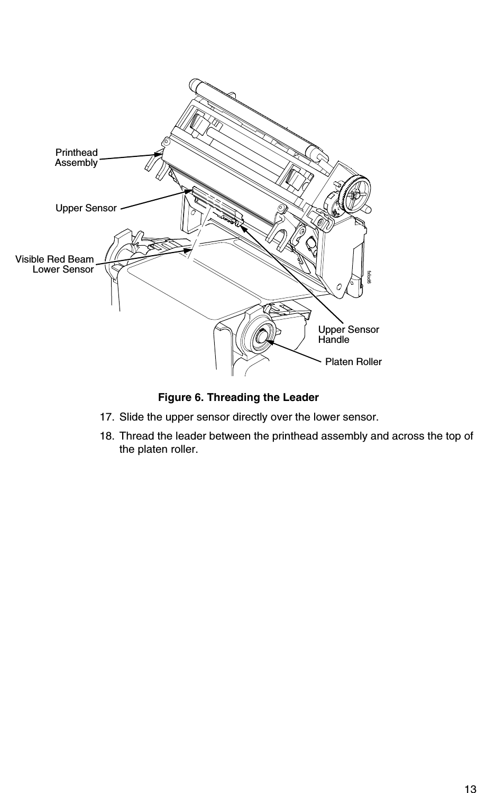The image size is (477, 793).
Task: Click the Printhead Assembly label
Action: pyautogui.click(x=77, y=157)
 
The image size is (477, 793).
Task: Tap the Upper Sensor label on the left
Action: pyautogui.click(x=86, y=208)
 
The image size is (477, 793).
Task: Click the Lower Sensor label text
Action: pyautogui.click(x=63, y=269)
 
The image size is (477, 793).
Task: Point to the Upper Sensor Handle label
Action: pyautogui.click(x=348, y=334)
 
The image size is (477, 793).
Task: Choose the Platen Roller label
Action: pyautogui.click(x=353, y=362)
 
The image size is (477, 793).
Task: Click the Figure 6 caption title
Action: pyautogui.click(x=238, y=397)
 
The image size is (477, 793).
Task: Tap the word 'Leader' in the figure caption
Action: pyautogui.click(x=301, y=397)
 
